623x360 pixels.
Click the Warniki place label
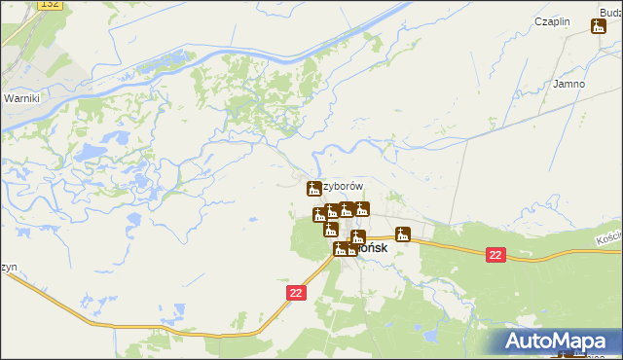[20, 98]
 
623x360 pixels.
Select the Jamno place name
[568, 84]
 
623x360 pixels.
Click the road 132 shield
[51, 6]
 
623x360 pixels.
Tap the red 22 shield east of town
[495, 255]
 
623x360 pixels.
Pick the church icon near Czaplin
[598, 26]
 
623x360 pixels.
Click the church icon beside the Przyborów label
[314, 187]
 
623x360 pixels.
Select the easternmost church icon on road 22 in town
[403, 234]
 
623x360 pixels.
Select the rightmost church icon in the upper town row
[362, 207]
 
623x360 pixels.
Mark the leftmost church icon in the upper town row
[318, 214]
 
